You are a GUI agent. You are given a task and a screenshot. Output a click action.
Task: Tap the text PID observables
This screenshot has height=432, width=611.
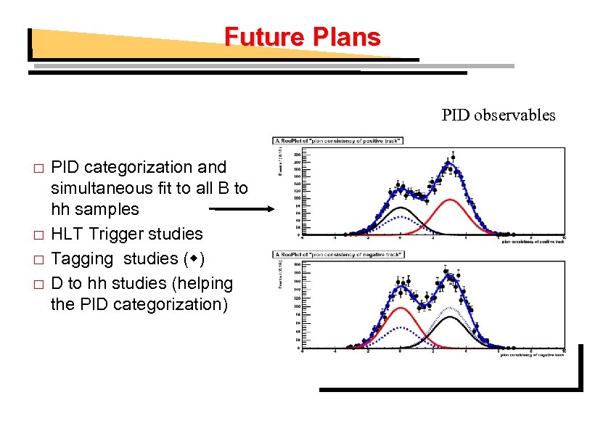pyautogui.click(x=499, y=115)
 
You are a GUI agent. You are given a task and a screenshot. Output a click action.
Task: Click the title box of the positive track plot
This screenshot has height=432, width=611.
pyautogui.click(x=338, y=140)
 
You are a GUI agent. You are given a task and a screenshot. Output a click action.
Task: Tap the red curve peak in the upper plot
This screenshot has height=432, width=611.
pyautogui.click(x=450, y=200)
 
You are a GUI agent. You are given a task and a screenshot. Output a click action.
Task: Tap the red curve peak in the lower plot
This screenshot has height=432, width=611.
pyautogui.click(x=400, y=308)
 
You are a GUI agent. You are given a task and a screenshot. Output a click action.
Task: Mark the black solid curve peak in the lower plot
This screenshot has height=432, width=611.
pyautogui.click(x=450, y=317)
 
